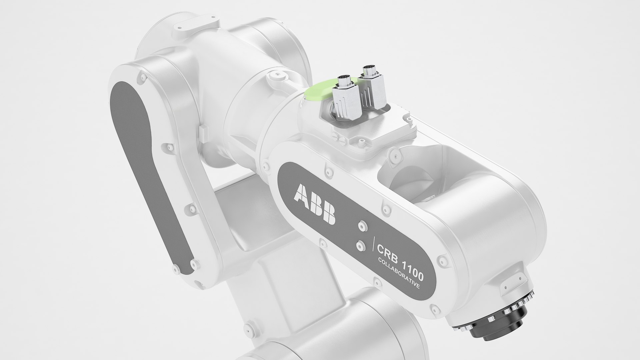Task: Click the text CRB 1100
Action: [x=400, y=257]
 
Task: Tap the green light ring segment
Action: [x=320, y=92]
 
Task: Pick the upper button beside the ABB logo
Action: [x=361, y=226]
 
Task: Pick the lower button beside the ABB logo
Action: [x=359, y=246]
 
